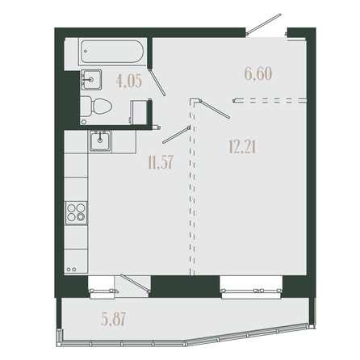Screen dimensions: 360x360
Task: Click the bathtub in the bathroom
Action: [112, 52]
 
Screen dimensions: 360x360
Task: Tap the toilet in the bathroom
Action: [96, 106]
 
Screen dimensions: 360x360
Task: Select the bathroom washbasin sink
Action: [91, 80]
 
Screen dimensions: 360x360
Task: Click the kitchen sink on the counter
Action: [100, 141]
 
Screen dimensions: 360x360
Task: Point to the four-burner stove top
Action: [76, 212]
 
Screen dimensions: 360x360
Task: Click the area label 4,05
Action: [129, 82]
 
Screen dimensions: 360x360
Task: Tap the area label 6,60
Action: [258, 73]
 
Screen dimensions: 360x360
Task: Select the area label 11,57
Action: [160, 162]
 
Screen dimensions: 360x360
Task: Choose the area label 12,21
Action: [242, 147]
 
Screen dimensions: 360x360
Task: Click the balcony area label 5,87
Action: [114, 320]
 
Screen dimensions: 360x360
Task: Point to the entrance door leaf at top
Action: [264, 24]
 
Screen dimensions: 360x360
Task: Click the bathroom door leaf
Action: [157, 82]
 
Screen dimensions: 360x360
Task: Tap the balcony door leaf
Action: [134, 283]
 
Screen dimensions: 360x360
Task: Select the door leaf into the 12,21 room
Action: [215, 109]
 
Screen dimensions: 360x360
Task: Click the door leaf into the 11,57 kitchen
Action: [176, 135]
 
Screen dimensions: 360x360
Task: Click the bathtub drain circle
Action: [86, 51]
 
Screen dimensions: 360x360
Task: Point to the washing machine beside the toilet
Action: [139, 112]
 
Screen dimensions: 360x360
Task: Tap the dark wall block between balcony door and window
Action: [185, 287]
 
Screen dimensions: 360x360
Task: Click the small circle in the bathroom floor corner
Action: [84, 122]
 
